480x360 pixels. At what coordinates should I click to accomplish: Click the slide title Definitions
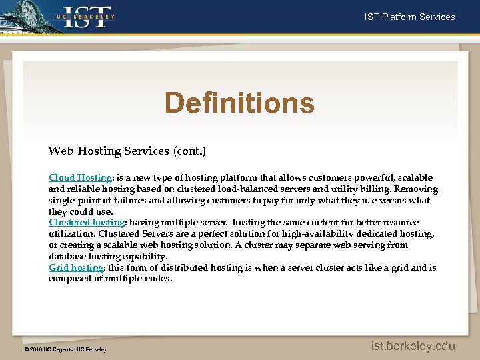(239, 103)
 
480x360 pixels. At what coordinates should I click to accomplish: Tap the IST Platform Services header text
(409, 17)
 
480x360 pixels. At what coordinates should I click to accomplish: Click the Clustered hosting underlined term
(87, 222)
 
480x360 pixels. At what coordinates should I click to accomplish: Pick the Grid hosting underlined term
(76, 267)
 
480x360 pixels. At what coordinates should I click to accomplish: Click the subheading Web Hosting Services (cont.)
(127, 151)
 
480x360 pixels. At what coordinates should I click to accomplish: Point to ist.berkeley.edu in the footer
(413, 345)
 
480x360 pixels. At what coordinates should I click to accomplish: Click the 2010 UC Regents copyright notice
(65, 349)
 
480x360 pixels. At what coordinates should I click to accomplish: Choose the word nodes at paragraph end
(158, 279)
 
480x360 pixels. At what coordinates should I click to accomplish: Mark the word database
(67, 256)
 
